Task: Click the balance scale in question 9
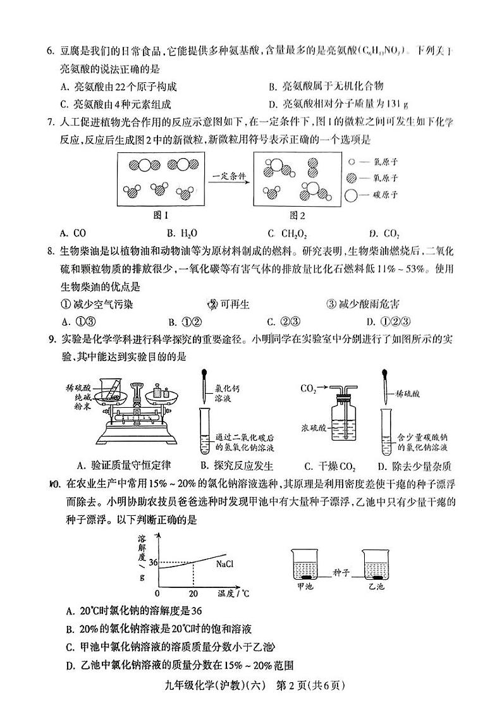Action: (140, 411)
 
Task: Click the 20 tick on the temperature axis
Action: (193, 594)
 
